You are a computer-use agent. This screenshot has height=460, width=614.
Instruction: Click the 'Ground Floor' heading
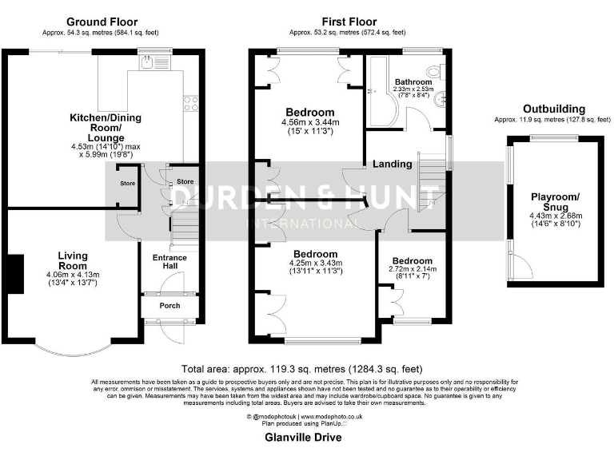102,22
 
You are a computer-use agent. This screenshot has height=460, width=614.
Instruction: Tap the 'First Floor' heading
349,22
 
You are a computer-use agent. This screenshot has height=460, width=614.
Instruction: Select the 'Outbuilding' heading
553,109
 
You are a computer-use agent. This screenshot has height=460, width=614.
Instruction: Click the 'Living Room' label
72,260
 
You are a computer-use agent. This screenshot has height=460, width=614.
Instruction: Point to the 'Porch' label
169,306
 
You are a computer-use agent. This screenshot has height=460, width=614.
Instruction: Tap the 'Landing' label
392,164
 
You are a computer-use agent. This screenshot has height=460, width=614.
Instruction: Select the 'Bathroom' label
413,82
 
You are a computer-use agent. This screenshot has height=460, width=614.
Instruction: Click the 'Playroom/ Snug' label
553,202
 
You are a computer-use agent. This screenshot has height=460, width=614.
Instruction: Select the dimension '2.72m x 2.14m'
412,271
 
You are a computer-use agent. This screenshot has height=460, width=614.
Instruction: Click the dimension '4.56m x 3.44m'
311,122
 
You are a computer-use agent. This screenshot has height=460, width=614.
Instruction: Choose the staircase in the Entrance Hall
184,224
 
